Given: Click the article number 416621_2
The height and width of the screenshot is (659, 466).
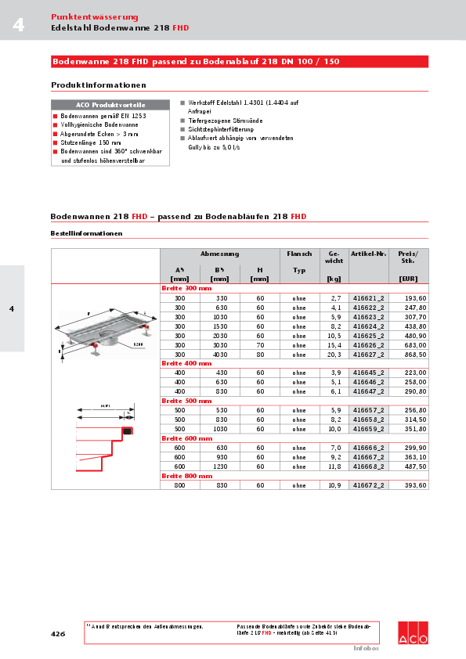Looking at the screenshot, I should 368,298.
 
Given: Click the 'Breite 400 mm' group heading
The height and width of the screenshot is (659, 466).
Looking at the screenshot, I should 186,363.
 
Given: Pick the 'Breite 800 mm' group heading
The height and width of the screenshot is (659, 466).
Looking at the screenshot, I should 186,475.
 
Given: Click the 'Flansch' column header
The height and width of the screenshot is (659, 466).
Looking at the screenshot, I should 299,254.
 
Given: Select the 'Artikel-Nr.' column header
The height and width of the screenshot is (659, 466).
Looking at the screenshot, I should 368,254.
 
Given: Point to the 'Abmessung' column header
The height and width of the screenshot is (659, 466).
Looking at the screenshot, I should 219,254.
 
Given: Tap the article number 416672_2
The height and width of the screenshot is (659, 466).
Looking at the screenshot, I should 368,485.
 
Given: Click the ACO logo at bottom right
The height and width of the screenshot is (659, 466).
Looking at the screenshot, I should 413,633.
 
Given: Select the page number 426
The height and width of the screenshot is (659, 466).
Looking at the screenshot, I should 58,633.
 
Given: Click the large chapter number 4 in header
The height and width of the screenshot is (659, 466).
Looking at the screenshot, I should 17,26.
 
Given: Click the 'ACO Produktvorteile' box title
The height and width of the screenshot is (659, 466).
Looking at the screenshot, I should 109,104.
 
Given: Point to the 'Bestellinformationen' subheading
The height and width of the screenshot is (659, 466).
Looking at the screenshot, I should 86,233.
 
